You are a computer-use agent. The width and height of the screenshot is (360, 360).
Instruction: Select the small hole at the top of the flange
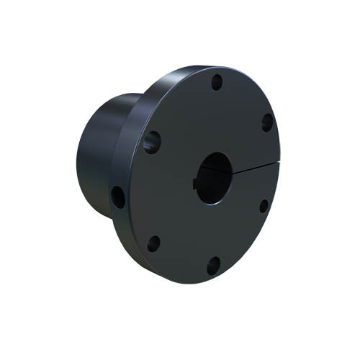click(x=216, y=83)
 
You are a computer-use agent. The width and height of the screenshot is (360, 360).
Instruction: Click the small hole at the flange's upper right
click(x=266, y=122)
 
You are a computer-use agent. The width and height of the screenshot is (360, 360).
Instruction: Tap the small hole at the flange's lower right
click(x=264, y=206)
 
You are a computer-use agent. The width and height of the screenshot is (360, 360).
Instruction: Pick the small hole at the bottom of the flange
click(x=213, y=266)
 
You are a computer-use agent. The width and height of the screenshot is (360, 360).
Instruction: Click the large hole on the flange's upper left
click(x=152, y=141)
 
